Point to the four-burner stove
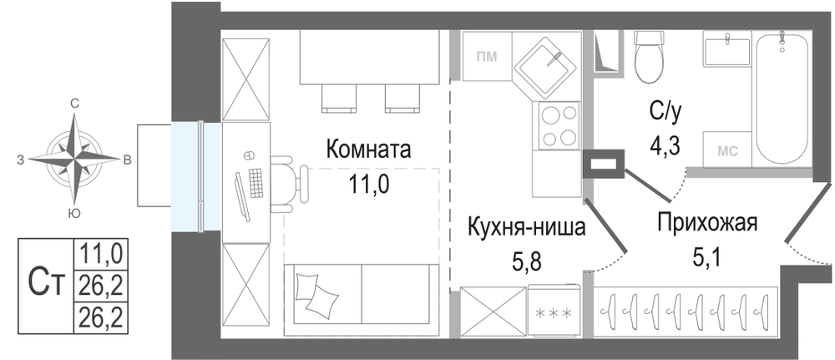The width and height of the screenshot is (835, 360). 559,125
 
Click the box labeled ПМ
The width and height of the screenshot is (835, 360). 487,56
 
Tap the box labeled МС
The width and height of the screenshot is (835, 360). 727,150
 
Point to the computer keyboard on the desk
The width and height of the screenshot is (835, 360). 256,183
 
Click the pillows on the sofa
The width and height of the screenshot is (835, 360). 316,294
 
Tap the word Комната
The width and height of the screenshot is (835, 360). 368,150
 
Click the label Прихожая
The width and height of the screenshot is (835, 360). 706,222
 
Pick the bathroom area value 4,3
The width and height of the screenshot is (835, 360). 665,144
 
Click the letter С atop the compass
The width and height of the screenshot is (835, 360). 75,104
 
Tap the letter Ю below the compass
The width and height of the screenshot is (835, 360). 75,214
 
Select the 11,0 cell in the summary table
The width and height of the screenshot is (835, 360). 102,253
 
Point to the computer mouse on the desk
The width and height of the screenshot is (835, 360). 246,156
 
